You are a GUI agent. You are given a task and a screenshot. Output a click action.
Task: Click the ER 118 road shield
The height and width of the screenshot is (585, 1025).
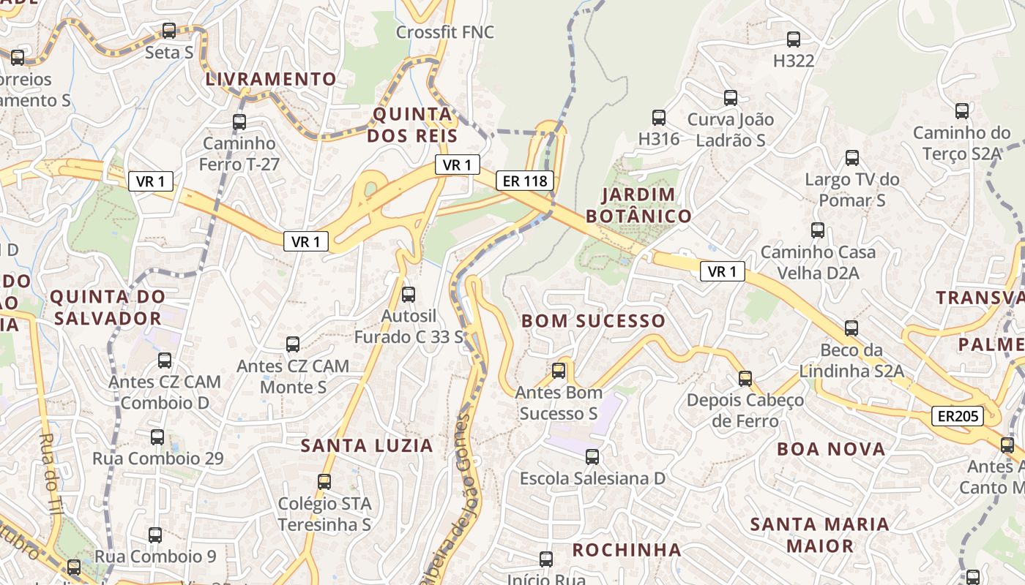point(524,181)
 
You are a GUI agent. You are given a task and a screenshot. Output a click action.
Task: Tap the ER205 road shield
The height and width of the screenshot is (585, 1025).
point(958,416)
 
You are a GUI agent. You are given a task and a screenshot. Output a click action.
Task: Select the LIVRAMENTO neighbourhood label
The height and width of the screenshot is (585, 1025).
point(271,79)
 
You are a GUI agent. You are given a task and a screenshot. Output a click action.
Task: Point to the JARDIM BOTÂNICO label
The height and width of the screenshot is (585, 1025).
point(638,205)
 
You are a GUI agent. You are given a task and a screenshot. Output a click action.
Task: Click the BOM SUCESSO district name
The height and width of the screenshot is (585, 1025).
point(593,321)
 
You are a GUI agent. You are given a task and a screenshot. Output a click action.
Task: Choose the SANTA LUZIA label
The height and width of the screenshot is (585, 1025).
point(367,445)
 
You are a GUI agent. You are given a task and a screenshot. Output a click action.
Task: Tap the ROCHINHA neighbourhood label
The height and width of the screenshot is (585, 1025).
point(626,549)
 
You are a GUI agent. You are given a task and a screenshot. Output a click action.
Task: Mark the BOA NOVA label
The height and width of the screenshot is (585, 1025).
point(831,449)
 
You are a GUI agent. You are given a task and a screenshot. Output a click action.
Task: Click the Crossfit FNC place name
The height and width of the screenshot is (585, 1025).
point(444,32)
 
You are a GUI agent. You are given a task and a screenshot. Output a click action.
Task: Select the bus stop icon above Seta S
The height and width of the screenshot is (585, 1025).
point(169,31)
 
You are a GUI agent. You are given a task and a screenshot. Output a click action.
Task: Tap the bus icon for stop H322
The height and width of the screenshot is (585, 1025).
point(794,39)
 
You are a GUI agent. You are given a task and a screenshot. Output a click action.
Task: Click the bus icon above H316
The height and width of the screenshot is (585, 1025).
point(659,117)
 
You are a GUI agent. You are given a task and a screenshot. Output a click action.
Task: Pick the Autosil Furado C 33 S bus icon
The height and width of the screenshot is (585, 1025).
point(409,295)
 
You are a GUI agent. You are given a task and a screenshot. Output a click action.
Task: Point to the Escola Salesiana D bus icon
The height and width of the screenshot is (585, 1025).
point(592,457)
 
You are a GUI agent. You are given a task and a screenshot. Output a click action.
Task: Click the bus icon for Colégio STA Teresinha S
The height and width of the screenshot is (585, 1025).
point(324,482)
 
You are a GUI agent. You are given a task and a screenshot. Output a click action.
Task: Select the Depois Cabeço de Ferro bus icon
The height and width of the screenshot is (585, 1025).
point(745,379)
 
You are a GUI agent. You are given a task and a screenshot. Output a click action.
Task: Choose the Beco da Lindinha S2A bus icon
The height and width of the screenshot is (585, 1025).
point(851,328)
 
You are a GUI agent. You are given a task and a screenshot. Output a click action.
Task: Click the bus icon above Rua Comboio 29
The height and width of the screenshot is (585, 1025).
point(157,437)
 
